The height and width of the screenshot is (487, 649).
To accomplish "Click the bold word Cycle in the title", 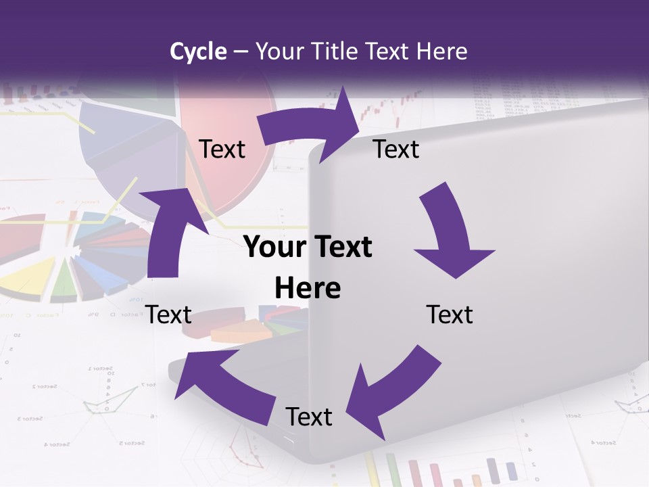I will click(x=198, y=51).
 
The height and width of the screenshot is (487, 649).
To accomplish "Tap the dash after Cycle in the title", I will click(x=241, y=51).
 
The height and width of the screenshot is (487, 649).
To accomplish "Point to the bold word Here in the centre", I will click(x=308, y=287).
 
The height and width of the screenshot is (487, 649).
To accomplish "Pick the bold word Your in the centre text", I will click(x=271, y=247).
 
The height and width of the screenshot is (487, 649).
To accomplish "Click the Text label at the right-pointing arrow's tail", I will click(x=222, y=149).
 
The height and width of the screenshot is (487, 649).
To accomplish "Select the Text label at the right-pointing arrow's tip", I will click(x=396, y=149).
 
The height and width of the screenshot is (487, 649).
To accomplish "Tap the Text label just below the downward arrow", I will click(x=450, y=315).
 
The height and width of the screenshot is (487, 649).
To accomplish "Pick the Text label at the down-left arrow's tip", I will click(x=309, y=417).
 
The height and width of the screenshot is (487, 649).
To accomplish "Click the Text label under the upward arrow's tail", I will click(x=168, y=315).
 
